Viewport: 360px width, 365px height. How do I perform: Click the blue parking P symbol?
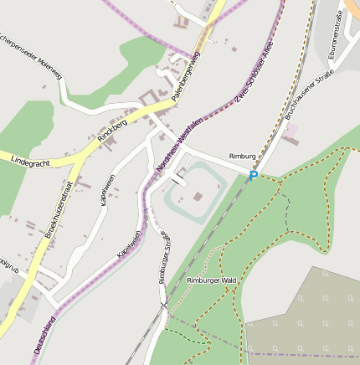coord(253,176)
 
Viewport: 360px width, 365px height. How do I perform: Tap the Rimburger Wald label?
coord(213,280)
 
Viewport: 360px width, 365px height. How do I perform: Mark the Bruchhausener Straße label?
coord(303,100)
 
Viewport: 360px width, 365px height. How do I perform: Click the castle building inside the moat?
coord(198,198)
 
